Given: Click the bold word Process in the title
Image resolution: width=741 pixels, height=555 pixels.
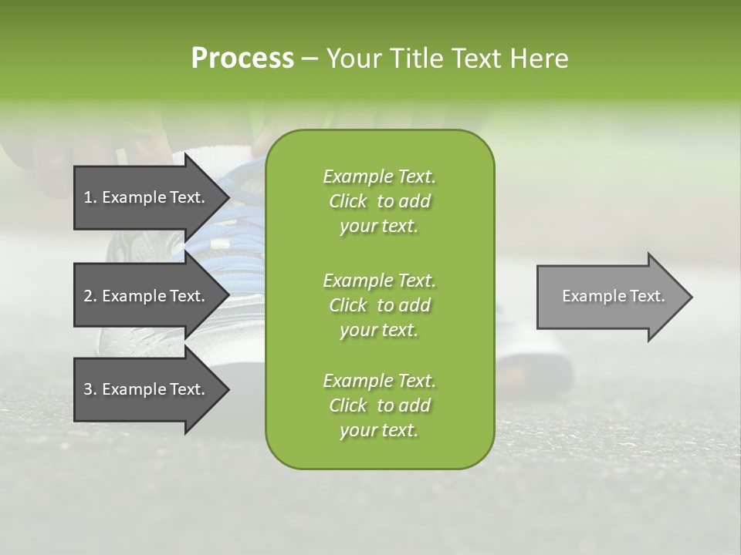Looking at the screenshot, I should pos(242,59).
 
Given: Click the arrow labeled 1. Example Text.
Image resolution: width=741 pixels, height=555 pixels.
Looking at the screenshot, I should pos(147,197).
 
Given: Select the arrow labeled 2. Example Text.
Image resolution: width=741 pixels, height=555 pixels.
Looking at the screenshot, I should pos(147,296).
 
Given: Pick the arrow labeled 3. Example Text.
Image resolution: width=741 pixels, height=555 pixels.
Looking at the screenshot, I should pos(147,389).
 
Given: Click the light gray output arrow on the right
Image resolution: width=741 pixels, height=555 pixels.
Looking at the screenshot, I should pos(610,297).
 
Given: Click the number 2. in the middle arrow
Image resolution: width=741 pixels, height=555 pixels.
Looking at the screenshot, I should pos(90,296).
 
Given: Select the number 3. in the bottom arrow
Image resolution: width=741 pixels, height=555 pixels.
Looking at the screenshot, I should pos(90,389).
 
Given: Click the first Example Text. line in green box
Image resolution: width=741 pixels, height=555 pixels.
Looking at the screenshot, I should pos(379,177).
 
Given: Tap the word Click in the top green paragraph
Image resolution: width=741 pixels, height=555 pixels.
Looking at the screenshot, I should pos(348,201).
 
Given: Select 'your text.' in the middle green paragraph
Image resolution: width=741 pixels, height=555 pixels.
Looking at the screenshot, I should pos(379,330).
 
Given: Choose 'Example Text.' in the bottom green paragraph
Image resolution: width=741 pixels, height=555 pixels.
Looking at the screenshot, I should pos(379,381).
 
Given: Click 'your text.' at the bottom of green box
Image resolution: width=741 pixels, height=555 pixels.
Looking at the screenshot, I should pos(379,431).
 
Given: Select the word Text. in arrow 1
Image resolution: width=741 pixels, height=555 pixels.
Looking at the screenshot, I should pos(187,197).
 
